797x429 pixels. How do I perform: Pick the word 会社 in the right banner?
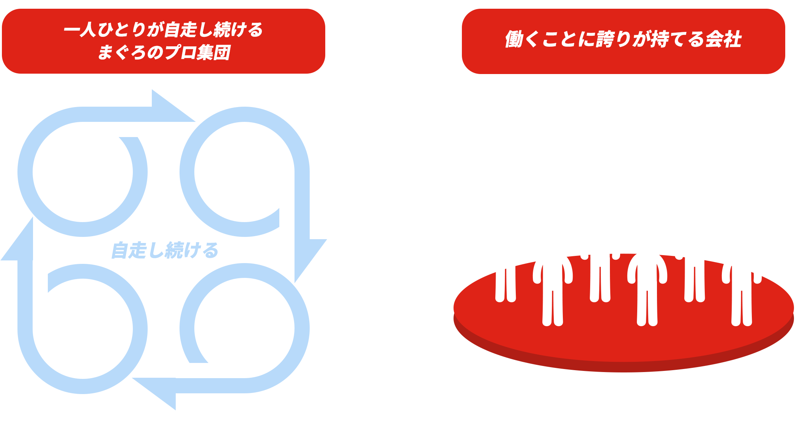723,39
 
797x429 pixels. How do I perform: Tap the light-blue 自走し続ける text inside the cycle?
165,251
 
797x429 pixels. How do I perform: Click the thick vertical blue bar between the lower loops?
169,319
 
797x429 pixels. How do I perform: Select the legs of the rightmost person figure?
742,304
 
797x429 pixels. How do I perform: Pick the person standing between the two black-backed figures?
553,289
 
